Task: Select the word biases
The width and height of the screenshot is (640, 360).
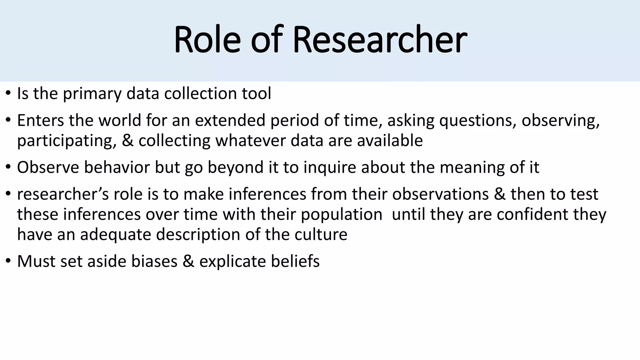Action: click(154, 261)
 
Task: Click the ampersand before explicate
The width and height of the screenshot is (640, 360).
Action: click(188, 261)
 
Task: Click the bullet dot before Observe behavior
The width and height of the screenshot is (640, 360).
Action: click(8, 167)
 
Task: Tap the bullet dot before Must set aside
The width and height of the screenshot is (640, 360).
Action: click(8, 261)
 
